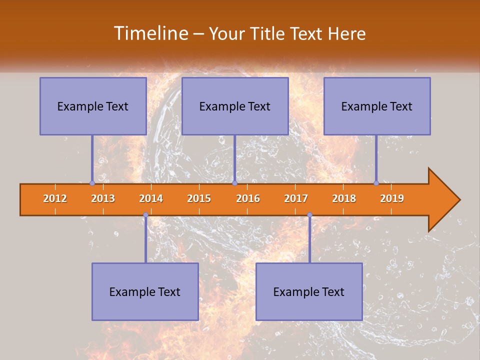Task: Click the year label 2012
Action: pos(55,198)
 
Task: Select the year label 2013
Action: pos(103,198)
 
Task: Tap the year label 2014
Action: pos(151,198)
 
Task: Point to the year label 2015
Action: pos(199,198)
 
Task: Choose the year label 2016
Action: pos(248,198)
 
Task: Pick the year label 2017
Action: pos(296,198)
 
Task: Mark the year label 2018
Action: pos(344,198)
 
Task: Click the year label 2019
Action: pos(392,198)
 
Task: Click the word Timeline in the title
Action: pos(150,33)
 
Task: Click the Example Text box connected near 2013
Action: pos(93,106)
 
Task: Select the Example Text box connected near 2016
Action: pos(235,106)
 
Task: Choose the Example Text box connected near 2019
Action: pos(377,106)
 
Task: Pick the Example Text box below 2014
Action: pos(145,291)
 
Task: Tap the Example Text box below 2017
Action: pos(309,291)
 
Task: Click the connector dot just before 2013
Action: pos(92,183)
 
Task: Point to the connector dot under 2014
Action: pos(145,215)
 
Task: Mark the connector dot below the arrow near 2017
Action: pos(309,215)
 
